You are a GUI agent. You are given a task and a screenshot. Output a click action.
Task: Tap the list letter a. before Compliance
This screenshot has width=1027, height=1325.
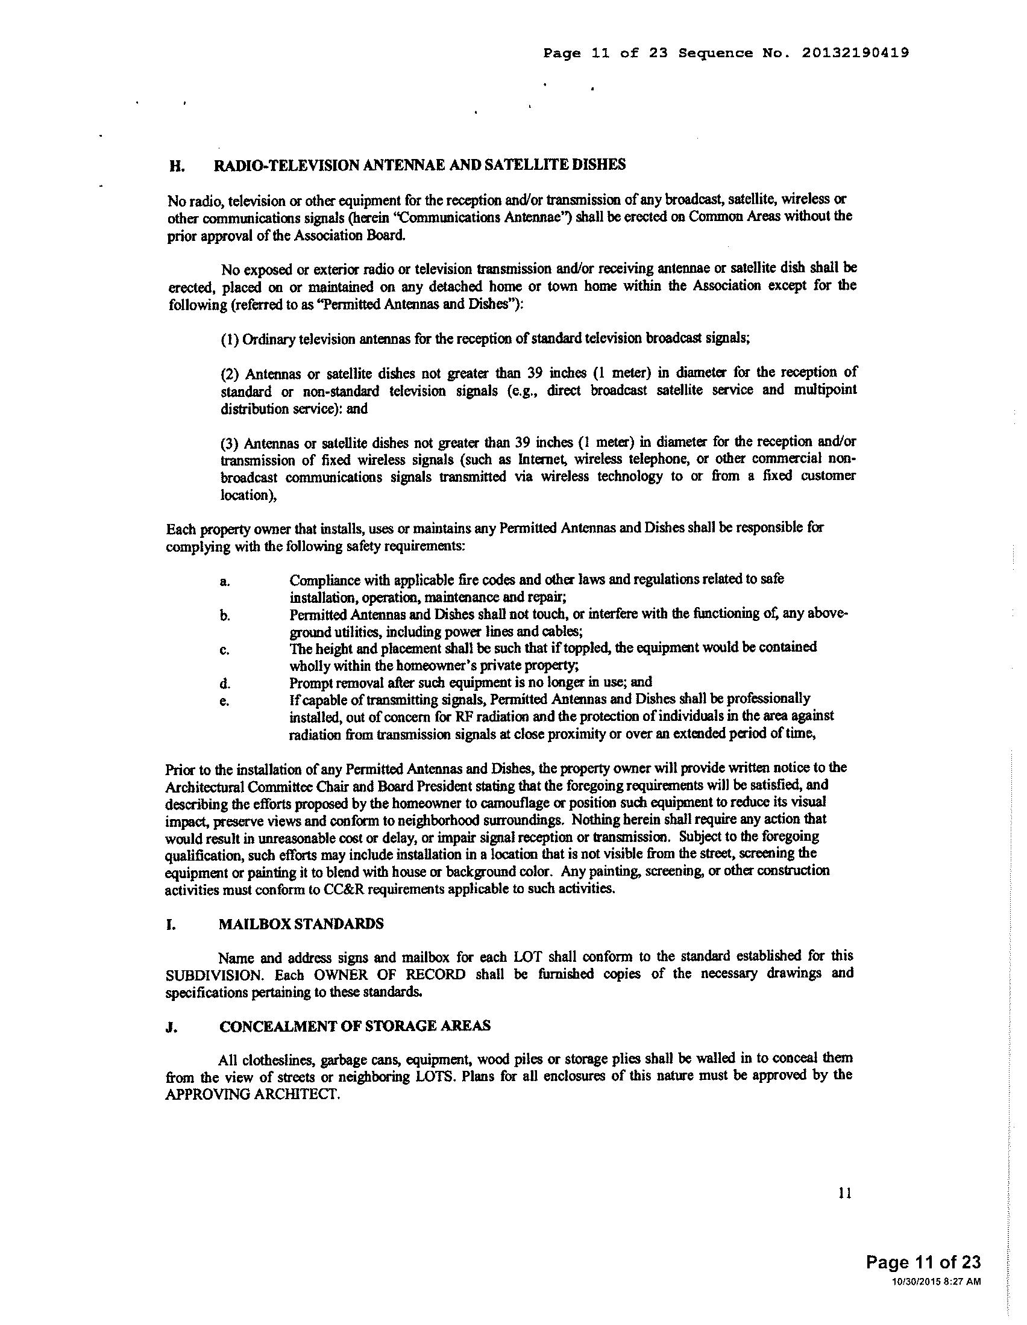point(225,582)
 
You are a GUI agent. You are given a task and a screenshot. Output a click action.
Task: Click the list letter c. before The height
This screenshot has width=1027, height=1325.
point(225,650)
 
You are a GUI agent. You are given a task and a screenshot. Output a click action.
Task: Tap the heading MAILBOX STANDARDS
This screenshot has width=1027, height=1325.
point(301,924)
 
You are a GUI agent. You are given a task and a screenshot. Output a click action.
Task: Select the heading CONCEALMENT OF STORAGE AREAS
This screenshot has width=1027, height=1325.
point(355,1026)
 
